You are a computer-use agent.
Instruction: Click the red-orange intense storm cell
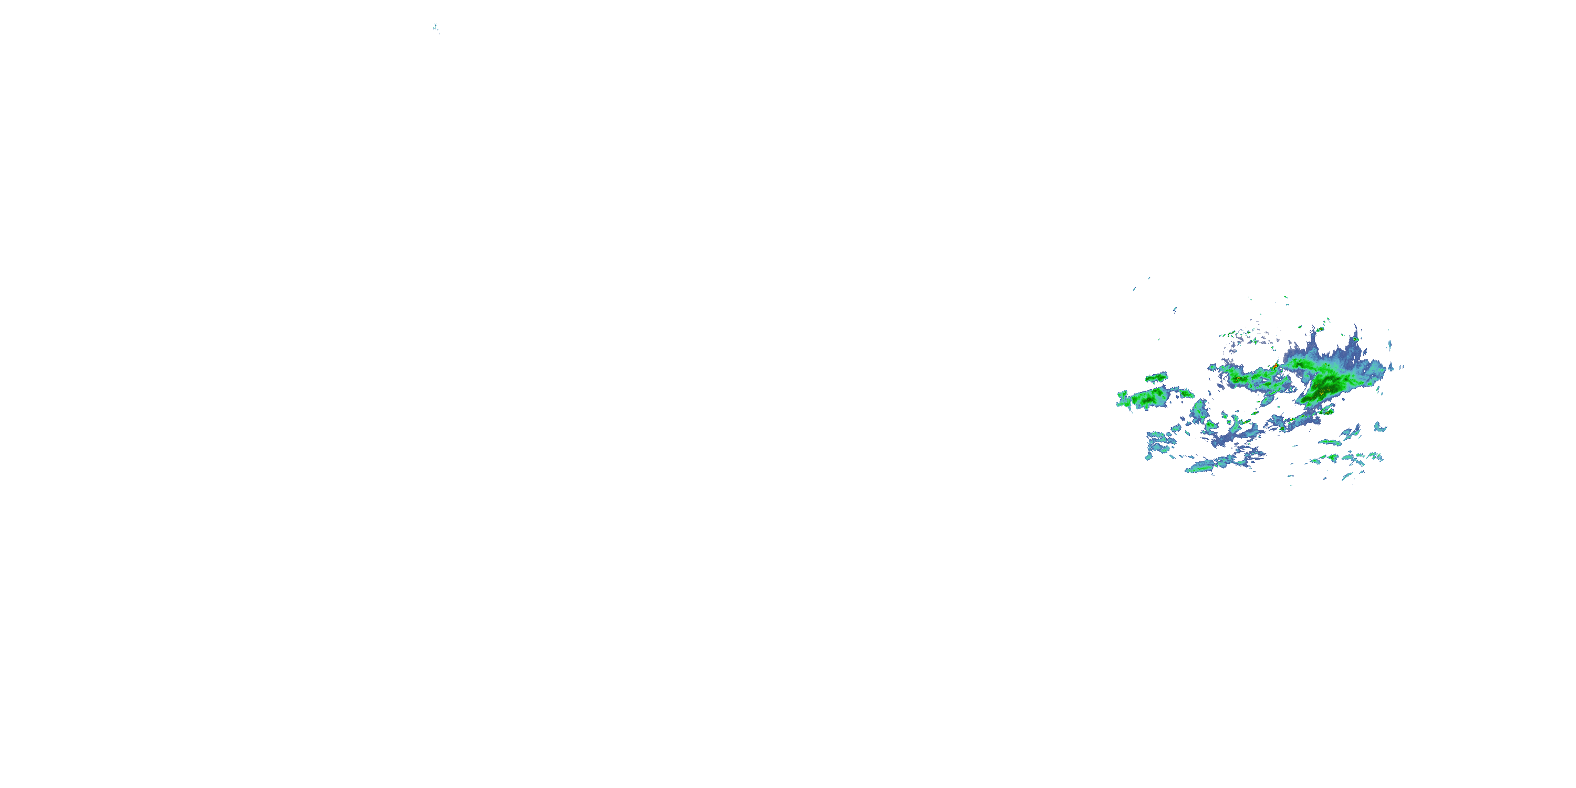click(1275, 367)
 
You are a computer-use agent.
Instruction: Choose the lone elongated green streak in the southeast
click(1330, 442)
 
